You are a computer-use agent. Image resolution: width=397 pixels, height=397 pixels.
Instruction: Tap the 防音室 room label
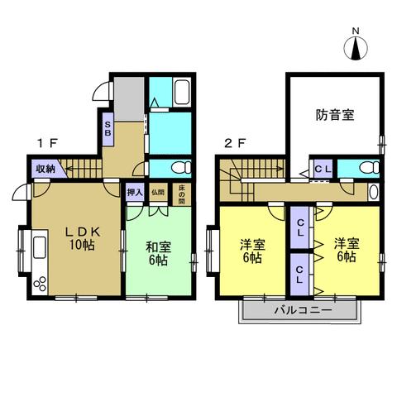(335, 115)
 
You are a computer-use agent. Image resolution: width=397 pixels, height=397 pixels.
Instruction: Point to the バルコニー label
(302, 310)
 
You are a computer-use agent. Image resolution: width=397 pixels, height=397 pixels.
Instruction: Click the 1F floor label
(45, 142)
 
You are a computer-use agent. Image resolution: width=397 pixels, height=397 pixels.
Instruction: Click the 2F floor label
(235, 142)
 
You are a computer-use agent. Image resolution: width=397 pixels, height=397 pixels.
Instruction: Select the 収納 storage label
(44, 169)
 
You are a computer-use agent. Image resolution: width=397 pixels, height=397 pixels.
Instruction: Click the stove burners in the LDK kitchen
(40, 284)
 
